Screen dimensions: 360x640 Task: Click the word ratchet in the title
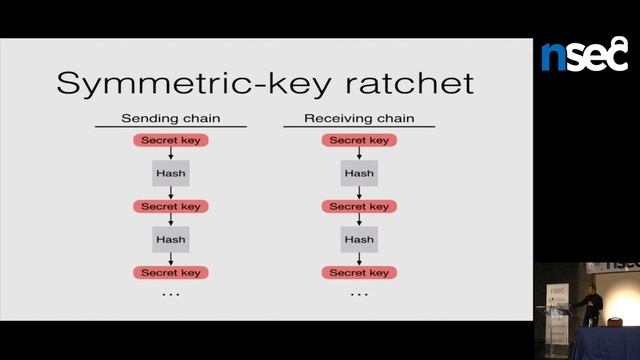[x=406, y=82]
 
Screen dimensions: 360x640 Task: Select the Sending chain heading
[x=171, y=119]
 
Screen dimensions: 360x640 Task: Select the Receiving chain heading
[x=359, y=119]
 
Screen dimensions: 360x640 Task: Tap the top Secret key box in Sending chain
[x=171, y=140]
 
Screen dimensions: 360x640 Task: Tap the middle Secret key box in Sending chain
[x=171, y=206]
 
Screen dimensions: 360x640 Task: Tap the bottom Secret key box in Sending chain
[x=171, y=272]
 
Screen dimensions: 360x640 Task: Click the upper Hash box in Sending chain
[x=171, y=173]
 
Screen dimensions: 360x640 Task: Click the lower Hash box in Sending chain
[x=171, y=239]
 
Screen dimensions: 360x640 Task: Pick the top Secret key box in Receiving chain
[x=359, y=140]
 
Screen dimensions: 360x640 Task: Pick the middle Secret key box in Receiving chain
[x=359, y=206]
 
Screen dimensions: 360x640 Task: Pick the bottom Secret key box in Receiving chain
[x=359, y=272]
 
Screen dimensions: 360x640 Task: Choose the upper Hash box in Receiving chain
[x=359, y=173]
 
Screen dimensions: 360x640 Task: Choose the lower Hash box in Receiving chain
[x=359, y=239]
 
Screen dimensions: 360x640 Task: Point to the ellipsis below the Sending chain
[x=171, y=295]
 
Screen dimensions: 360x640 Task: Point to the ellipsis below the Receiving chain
[x=359, y=295]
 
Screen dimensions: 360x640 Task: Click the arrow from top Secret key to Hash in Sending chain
[x=171, y=154]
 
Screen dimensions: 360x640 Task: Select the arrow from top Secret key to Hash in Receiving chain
[x=359, y=154]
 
